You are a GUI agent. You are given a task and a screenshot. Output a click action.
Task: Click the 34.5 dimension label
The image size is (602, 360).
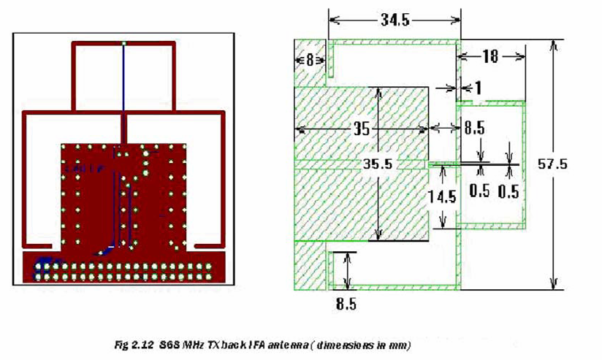pos(394,20)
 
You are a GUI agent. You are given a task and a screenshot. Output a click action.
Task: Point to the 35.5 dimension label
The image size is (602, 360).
pos(377,164)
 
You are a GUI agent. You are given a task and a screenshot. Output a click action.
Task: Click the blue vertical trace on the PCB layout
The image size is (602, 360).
pos(124,95)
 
